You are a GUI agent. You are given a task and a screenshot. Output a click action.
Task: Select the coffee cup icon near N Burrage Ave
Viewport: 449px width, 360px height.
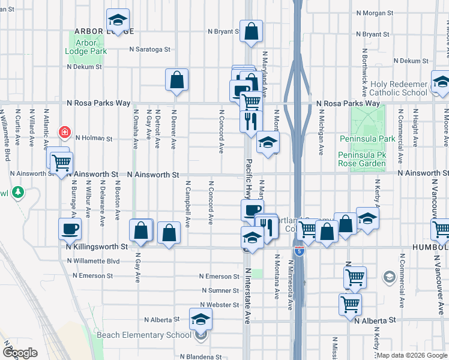point(70,229)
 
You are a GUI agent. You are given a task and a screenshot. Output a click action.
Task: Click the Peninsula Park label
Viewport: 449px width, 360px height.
point(367,139)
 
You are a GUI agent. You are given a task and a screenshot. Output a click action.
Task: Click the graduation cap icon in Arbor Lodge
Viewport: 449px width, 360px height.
point(118,20)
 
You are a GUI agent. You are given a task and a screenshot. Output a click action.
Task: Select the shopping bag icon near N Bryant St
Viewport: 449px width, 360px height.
point(252,31)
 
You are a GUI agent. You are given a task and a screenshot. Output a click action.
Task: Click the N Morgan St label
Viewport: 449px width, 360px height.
point(374,12)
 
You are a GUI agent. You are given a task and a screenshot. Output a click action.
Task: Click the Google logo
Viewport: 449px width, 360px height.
point(20,353)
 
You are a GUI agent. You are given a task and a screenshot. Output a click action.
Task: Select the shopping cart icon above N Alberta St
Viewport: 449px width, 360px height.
point(350,304)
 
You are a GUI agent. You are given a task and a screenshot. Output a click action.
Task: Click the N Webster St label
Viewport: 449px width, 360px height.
point(220,305)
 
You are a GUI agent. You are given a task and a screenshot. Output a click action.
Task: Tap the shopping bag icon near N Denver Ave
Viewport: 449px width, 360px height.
point(177,79)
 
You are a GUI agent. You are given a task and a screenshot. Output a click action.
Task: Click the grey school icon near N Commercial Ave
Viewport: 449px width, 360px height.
point(389,277)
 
